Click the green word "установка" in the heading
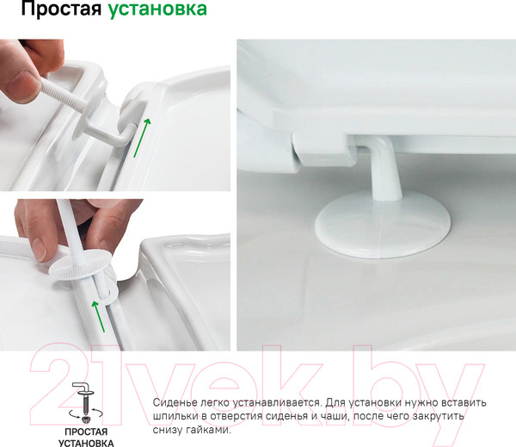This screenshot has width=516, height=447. (157, 11)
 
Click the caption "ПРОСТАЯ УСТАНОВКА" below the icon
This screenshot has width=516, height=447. (85, 435)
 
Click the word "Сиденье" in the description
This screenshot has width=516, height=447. (177, 403)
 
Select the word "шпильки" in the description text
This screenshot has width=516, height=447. (177, 417)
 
